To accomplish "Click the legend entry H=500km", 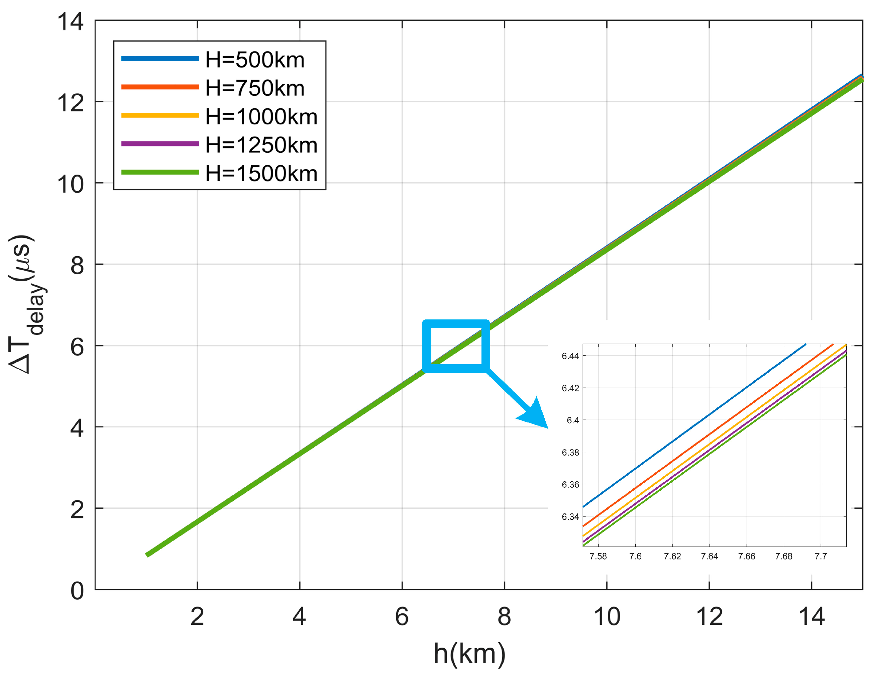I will click(254, 60).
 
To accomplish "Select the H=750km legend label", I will click(254, 88).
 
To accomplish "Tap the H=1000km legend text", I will click(261, 116).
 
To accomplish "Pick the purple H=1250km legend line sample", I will click(160, 143).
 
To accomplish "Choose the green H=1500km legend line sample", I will click(160, 172).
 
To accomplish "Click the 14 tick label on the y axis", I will click(70, 21).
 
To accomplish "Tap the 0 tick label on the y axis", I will click(77, 591).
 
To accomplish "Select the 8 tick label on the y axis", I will click(77, 265).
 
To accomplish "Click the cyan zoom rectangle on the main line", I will click(456, 322).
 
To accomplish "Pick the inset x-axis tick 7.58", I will click(598, 556).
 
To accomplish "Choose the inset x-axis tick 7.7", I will click(821, 556).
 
